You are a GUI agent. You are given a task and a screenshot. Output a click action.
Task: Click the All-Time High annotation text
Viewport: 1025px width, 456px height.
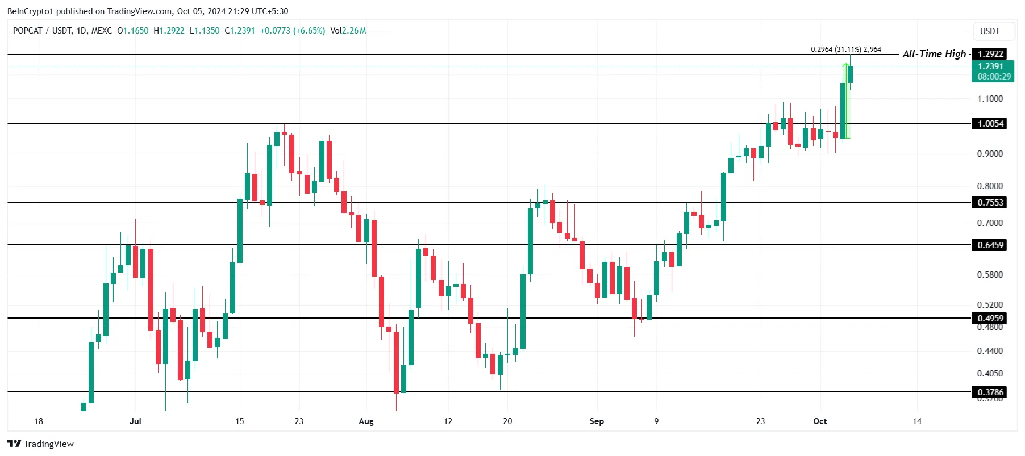click(934, 54)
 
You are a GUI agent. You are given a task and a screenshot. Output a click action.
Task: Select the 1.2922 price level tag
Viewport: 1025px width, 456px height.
click(990, 54)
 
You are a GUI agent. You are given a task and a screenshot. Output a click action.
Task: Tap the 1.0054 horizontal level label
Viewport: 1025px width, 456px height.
click(990, 124)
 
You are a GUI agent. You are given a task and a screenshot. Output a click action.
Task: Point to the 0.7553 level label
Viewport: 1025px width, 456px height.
click(990, 203)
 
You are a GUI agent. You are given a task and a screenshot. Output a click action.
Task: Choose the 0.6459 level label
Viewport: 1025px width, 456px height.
click(990, 245)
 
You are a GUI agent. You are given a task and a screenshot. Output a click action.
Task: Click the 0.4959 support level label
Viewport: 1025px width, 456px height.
click(990, 319)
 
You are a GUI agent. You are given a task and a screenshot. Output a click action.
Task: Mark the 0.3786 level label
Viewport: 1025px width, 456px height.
click(990, 392)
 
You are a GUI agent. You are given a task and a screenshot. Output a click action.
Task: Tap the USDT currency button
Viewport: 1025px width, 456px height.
click(990, 31)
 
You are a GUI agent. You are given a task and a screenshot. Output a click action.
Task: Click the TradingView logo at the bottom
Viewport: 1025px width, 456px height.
click(41, 444)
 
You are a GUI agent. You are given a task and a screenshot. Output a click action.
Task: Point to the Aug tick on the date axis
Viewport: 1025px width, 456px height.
click(366, 421)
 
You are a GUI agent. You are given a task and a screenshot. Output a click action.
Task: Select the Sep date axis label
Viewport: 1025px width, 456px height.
click(597, 421)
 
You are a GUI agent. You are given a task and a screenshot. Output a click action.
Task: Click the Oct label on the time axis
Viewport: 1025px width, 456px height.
click(820, 421)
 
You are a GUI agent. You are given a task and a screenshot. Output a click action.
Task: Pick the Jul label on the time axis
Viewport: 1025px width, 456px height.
click(135, 421)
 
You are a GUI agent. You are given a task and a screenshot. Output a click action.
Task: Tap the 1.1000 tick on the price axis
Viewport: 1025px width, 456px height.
click(990, 99)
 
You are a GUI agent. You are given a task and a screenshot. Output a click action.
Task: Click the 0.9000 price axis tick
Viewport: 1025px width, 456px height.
click(990, 154)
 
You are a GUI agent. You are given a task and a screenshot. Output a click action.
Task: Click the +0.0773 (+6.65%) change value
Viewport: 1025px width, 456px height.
click(293, 31)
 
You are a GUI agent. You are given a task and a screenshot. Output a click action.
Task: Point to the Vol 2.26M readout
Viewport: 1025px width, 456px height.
click(348, 31)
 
